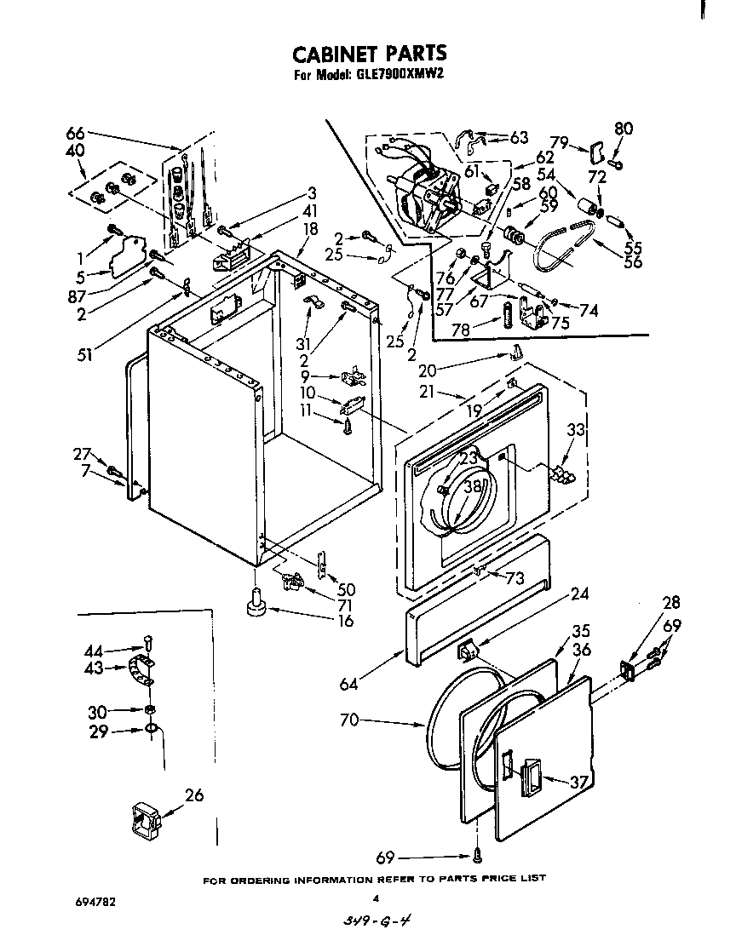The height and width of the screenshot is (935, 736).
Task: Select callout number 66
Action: point(75,133)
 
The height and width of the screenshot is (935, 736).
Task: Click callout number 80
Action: point(624,129)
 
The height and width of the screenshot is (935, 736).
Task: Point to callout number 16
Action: point(346,622)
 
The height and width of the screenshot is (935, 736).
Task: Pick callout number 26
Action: point(195,795)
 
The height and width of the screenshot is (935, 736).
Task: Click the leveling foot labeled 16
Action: point(255,602)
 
